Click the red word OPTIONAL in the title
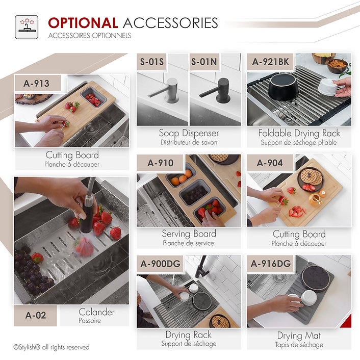83,23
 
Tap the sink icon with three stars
27,27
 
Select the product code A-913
37,83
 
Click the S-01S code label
152,62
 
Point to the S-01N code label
204,62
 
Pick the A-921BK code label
270,62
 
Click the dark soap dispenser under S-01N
218,90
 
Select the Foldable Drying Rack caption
299,134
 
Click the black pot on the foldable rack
284,87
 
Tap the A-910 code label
161,163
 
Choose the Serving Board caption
189,234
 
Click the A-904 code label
270,163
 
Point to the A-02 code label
36,315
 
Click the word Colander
96,312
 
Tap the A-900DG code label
161,264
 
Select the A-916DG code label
271,264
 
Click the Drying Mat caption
299,336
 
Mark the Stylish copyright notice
51,347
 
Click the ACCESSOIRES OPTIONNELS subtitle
90,35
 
